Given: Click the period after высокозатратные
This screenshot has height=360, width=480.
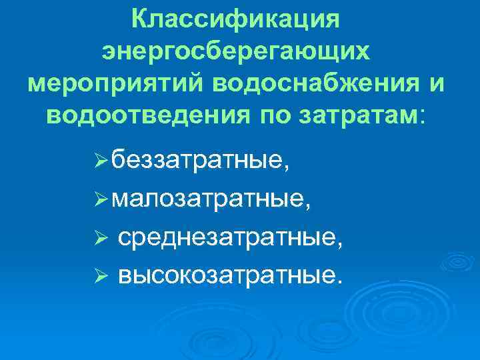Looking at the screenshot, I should [344, 280].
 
